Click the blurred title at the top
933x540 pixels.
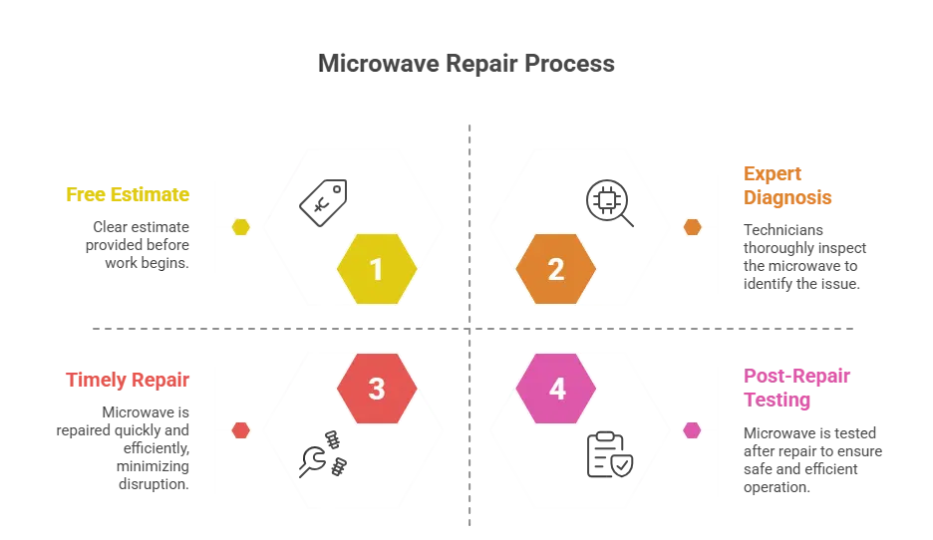[x=469, y=62]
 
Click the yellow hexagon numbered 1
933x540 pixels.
[x=376, y=269]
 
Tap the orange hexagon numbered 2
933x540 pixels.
[x=556, y=269]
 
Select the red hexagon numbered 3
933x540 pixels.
[x=376, y=389]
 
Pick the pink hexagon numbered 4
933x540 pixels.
[x=556, y=389]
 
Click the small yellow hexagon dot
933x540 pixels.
[x=241, y=227]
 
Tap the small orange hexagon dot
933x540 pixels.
[x=692, y=227]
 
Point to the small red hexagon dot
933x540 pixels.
[x=241, y=430]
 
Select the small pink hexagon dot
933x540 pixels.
[x=692, y=430]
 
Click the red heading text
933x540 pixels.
[x=127, y=380]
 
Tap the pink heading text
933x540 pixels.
[x=796, y=389]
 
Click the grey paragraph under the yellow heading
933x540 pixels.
[x=139, y=242]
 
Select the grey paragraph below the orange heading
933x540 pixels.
[x=803, y=256]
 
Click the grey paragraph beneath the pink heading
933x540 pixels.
[x=811, y=459]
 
